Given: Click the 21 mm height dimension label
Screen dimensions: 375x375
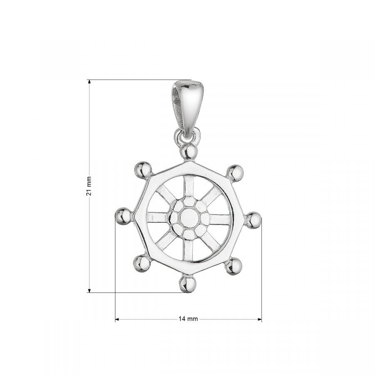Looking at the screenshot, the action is click(89, 186).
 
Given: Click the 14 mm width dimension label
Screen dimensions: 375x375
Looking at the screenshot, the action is click(188, 319).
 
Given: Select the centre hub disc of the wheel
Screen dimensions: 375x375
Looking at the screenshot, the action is click(189, 217).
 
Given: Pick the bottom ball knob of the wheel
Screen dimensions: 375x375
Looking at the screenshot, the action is click(188, 284).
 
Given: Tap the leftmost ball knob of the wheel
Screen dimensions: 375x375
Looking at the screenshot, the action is click(123, 216).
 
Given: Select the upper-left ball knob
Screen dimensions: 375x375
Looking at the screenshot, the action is click(143, 170).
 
